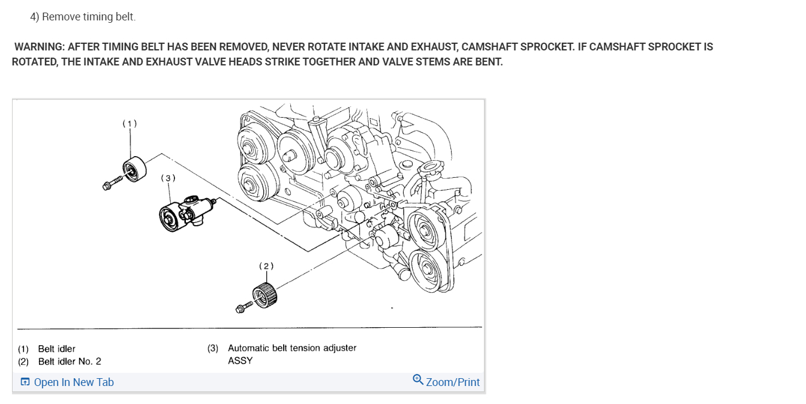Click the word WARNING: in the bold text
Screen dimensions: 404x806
click(39, 47)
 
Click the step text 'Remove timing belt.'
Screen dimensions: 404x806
click(89, 17)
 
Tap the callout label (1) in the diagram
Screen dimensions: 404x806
click(130, 124)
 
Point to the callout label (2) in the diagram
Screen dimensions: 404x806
click(266, 265)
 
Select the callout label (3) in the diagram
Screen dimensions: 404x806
click(168, 178)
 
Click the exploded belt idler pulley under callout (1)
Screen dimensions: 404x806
click(133, 168)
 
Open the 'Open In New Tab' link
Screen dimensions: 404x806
click(74, 382)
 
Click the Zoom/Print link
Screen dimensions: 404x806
click(453, 382)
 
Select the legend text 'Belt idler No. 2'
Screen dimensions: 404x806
click(70, 361)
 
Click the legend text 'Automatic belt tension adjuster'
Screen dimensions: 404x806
click(292, 348)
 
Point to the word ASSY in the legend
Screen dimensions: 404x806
click(240, 361)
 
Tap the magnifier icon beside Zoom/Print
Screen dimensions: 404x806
click(418, 379)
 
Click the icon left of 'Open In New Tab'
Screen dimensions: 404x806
click(25, 382)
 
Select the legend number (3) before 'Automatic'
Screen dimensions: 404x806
click(213, 348)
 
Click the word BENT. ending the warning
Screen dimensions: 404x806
click(489, 62)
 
